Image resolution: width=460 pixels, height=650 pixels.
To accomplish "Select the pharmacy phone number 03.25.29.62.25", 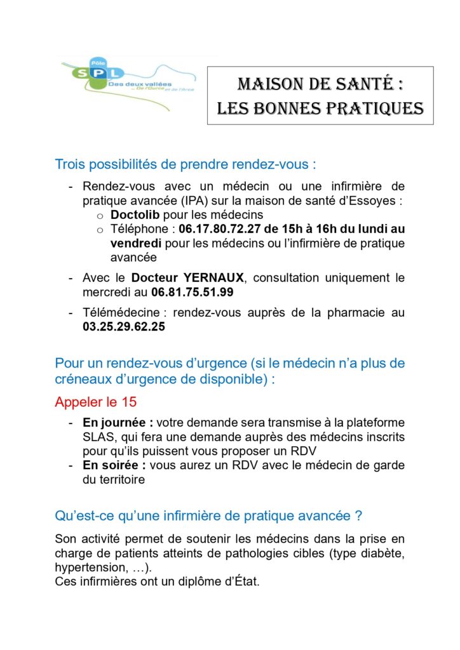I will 124,328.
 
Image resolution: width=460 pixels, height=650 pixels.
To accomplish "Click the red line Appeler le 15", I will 96,402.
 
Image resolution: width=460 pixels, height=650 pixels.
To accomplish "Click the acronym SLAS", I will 97,437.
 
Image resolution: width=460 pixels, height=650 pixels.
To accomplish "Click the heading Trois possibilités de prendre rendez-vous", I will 186,165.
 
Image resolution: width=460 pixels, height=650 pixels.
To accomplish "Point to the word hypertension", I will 86,567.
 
